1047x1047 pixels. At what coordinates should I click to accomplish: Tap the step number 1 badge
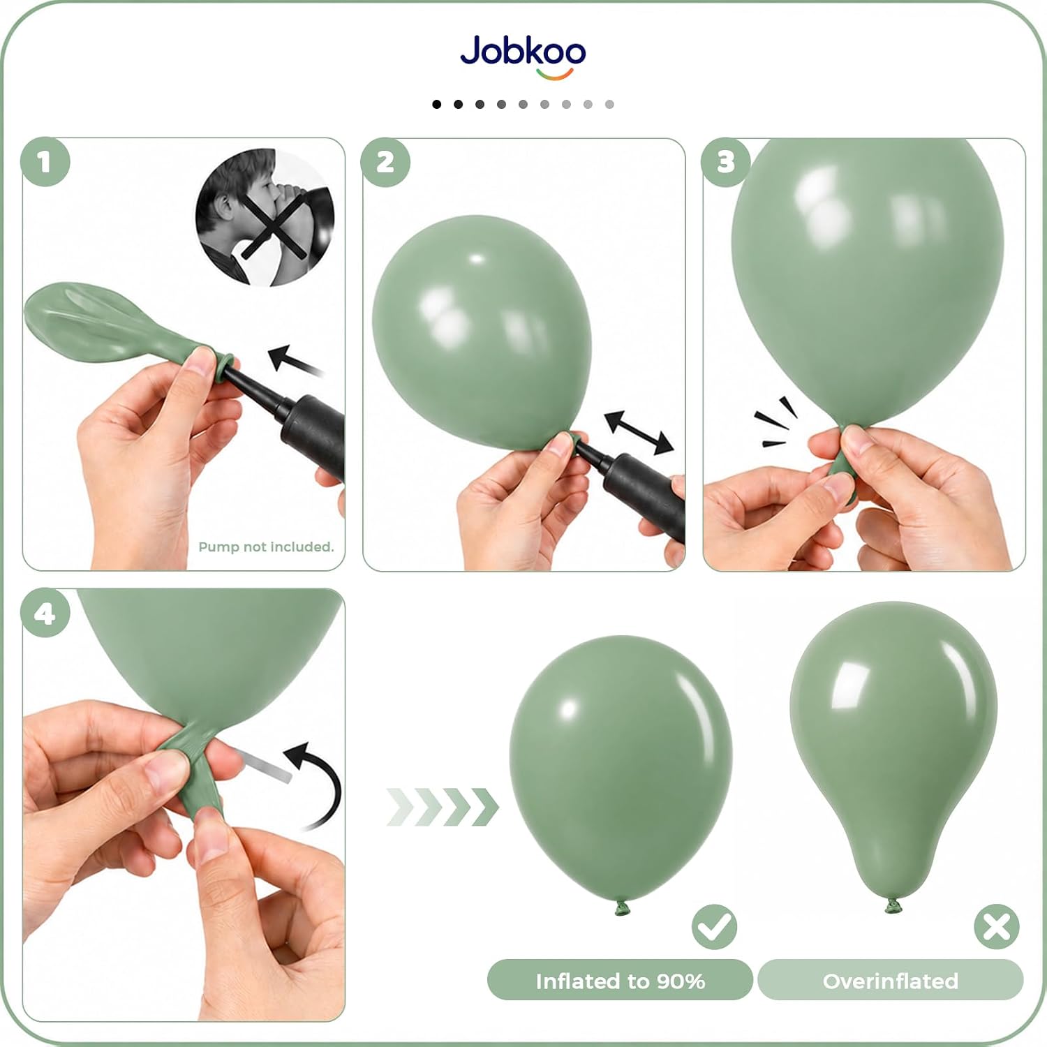[45, 162]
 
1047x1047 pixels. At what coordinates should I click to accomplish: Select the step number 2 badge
[385, 162]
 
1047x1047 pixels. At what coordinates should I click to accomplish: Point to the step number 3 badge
[726, 162]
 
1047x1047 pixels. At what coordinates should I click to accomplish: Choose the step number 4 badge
[45, 614]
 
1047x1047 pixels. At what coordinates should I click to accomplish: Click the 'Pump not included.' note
[266, 547]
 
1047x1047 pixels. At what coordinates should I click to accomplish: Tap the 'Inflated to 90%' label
[620, 981]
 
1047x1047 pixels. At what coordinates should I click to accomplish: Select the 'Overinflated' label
[890, 981]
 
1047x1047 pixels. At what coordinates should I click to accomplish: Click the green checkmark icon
[714, 927]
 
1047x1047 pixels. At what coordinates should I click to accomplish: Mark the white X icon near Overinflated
[996, 927]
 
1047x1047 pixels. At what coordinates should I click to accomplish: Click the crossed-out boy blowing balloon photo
[265, 218]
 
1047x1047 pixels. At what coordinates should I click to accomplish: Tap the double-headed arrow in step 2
[639, 432]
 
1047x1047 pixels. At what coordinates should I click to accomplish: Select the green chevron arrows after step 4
[443, 806]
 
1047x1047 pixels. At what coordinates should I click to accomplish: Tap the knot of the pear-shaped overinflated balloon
[893, 906]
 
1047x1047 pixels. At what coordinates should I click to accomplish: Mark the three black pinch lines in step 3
[775, 422]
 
